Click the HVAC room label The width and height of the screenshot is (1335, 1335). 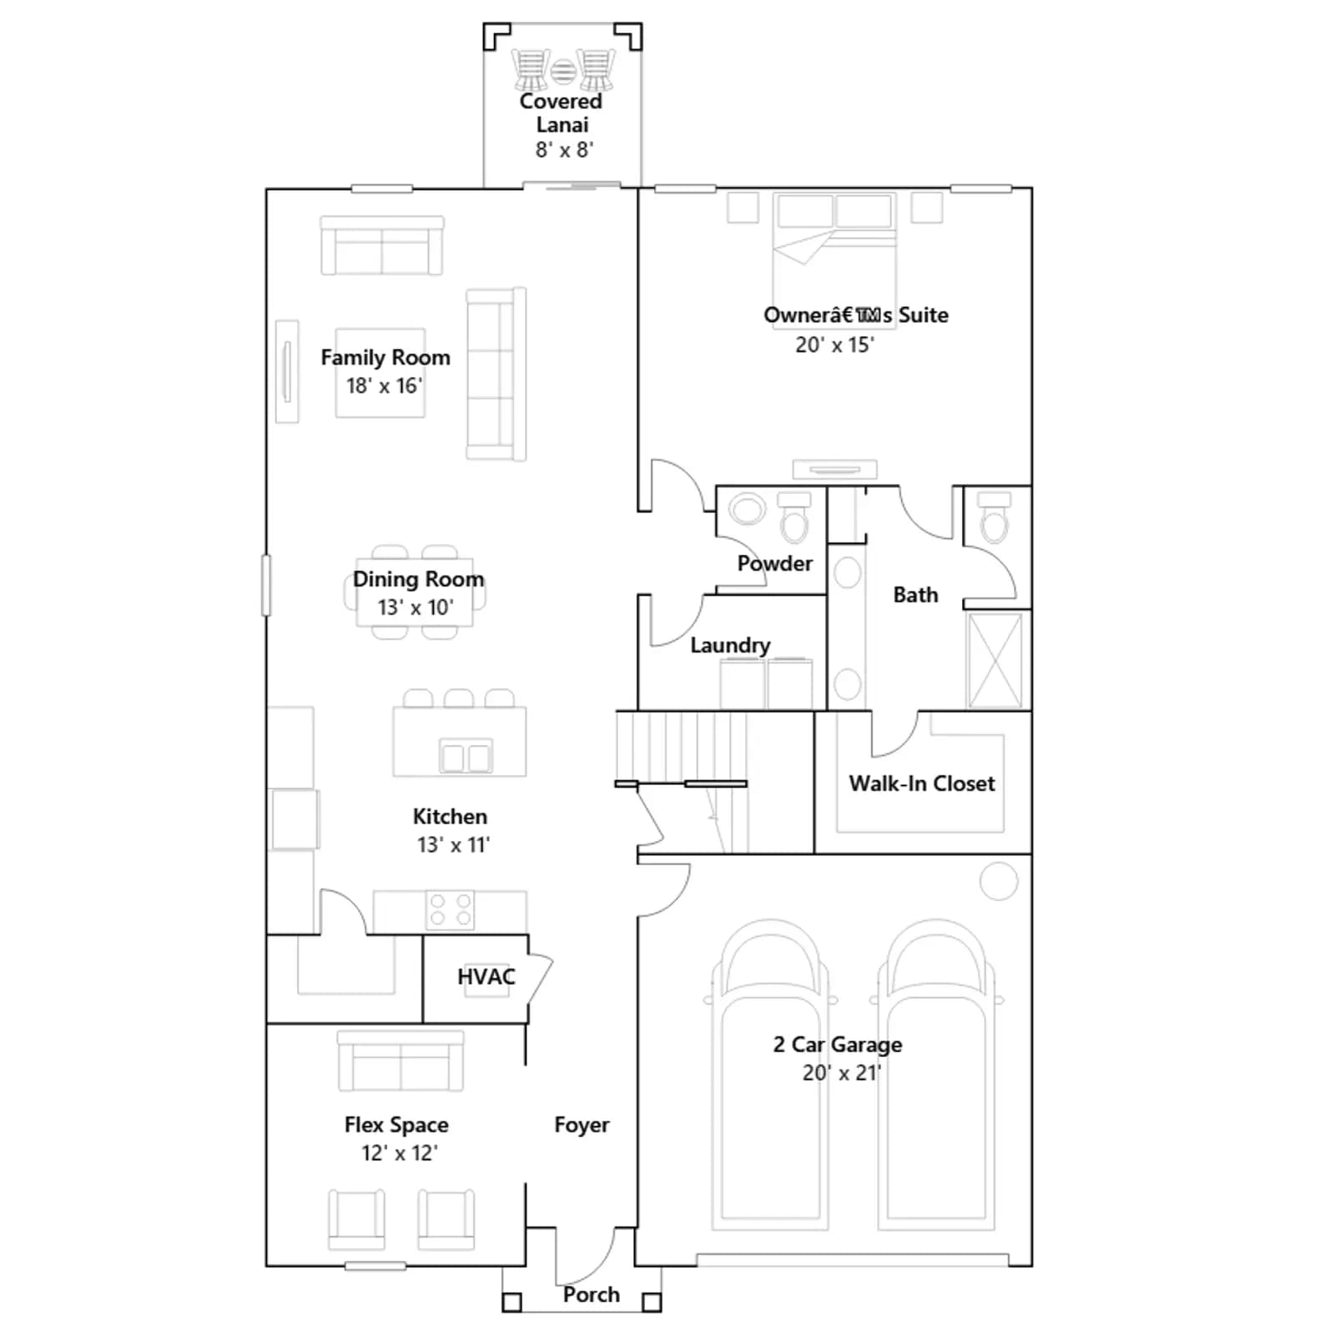(486, 976)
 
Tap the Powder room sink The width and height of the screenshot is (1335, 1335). (747, 509)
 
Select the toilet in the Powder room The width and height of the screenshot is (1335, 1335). (793, 517)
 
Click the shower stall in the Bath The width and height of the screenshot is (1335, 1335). (995, 660)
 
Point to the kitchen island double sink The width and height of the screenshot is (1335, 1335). (466, 757)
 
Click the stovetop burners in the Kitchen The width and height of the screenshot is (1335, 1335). (451, 910)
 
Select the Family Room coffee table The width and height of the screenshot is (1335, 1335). (380, 372)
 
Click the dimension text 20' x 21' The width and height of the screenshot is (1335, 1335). (841, 1073)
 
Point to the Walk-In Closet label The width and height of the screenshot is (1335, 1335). (922, 783)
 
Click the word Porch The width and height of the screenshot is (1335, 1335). (591, 1294)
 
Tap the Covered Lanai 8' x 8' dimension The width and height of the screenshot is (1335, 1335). (564, 150)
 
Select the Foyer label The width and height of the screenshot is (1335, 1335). (582, 1125)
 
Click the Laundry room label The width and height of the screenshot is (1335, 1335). (730, 645)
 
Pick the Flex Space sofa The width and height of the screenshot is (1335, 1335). (400, 1061)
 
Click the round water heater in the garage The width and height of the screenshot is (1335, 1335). (998, 881)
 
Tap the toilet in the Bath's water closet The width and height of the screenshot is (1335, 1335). (993, 517)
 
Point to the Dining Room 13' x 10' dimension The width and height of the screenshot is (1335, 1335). (415, 607)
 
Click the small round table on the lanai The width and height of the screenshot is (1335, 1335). (563, 71)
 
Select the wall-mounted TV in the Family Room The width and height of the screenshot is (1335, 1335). (287, 371)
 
